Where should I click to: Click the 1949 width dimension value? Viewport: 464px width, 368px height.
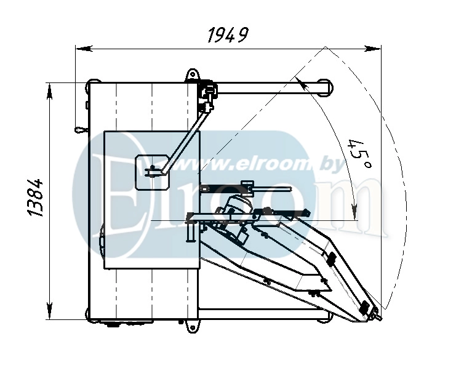coord(228,35)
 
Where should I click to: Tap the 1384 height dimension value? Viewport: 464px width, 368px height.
coord(36,198)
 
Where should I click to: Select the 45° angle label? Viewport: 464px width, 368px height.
coord(360,153)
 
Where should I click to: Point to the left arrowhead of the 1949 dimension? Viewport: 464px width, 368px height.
coord(84,49)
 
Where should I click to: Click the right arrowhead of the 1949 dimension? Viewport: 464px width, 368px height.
coord(372,49)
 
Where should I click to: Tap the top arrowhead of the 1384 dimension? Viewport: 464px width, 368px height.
coord(50,92)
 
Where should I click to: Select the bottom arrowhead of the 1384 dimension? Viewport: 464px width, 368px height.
coord(50,311)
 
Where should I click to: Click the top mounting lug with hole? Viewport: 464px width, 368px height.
coord(193,75)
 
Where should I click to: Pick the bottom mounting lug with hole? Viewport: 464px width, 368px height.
coord(193,326)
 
